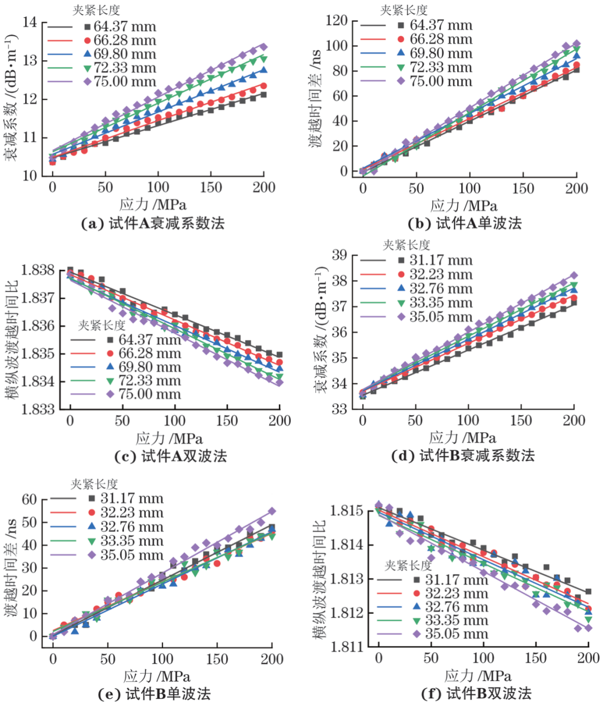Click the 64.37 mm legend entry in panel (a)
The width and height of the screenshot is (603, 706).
[124, 27]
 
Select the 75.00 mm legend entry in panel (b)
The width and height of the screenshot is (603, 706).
[441, 81]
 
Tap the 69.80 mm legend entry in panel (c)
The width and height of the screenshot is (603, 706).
[149, 367]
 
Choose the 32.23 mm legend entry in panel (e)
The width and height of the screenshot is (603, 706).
[131, 513]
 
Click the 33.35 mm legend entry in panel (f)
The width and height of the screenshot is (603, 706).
[456, 621]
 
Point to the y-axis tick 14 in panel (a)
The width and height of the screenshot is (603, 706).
[30, 22]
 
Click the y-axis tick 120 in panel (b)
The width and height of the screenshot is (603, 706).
[337, 21]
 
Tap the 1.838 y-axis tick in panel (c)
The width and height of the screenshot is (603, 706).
[38, 271]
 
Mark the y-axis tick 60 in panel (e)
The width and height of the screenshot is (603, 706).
[29, 500]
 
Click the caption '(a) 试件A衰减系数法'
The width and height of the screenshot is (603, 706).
[152, 224]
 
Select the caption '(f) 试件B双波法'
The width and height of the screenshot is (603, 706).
[476, 694]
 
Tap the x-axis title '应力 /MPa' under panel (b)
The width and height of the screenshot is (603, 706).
[463, 206]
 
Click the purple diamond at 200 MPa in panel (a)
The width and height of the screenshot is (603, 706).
[264, 47]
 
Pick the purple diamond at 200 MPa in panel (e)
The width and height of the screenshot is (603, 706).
[272, 511]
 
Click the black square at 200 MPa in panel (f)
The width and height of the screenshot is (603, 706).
[588, 592]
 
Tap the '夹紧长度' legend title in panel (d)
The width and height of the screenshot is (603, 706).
[406, 245]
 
